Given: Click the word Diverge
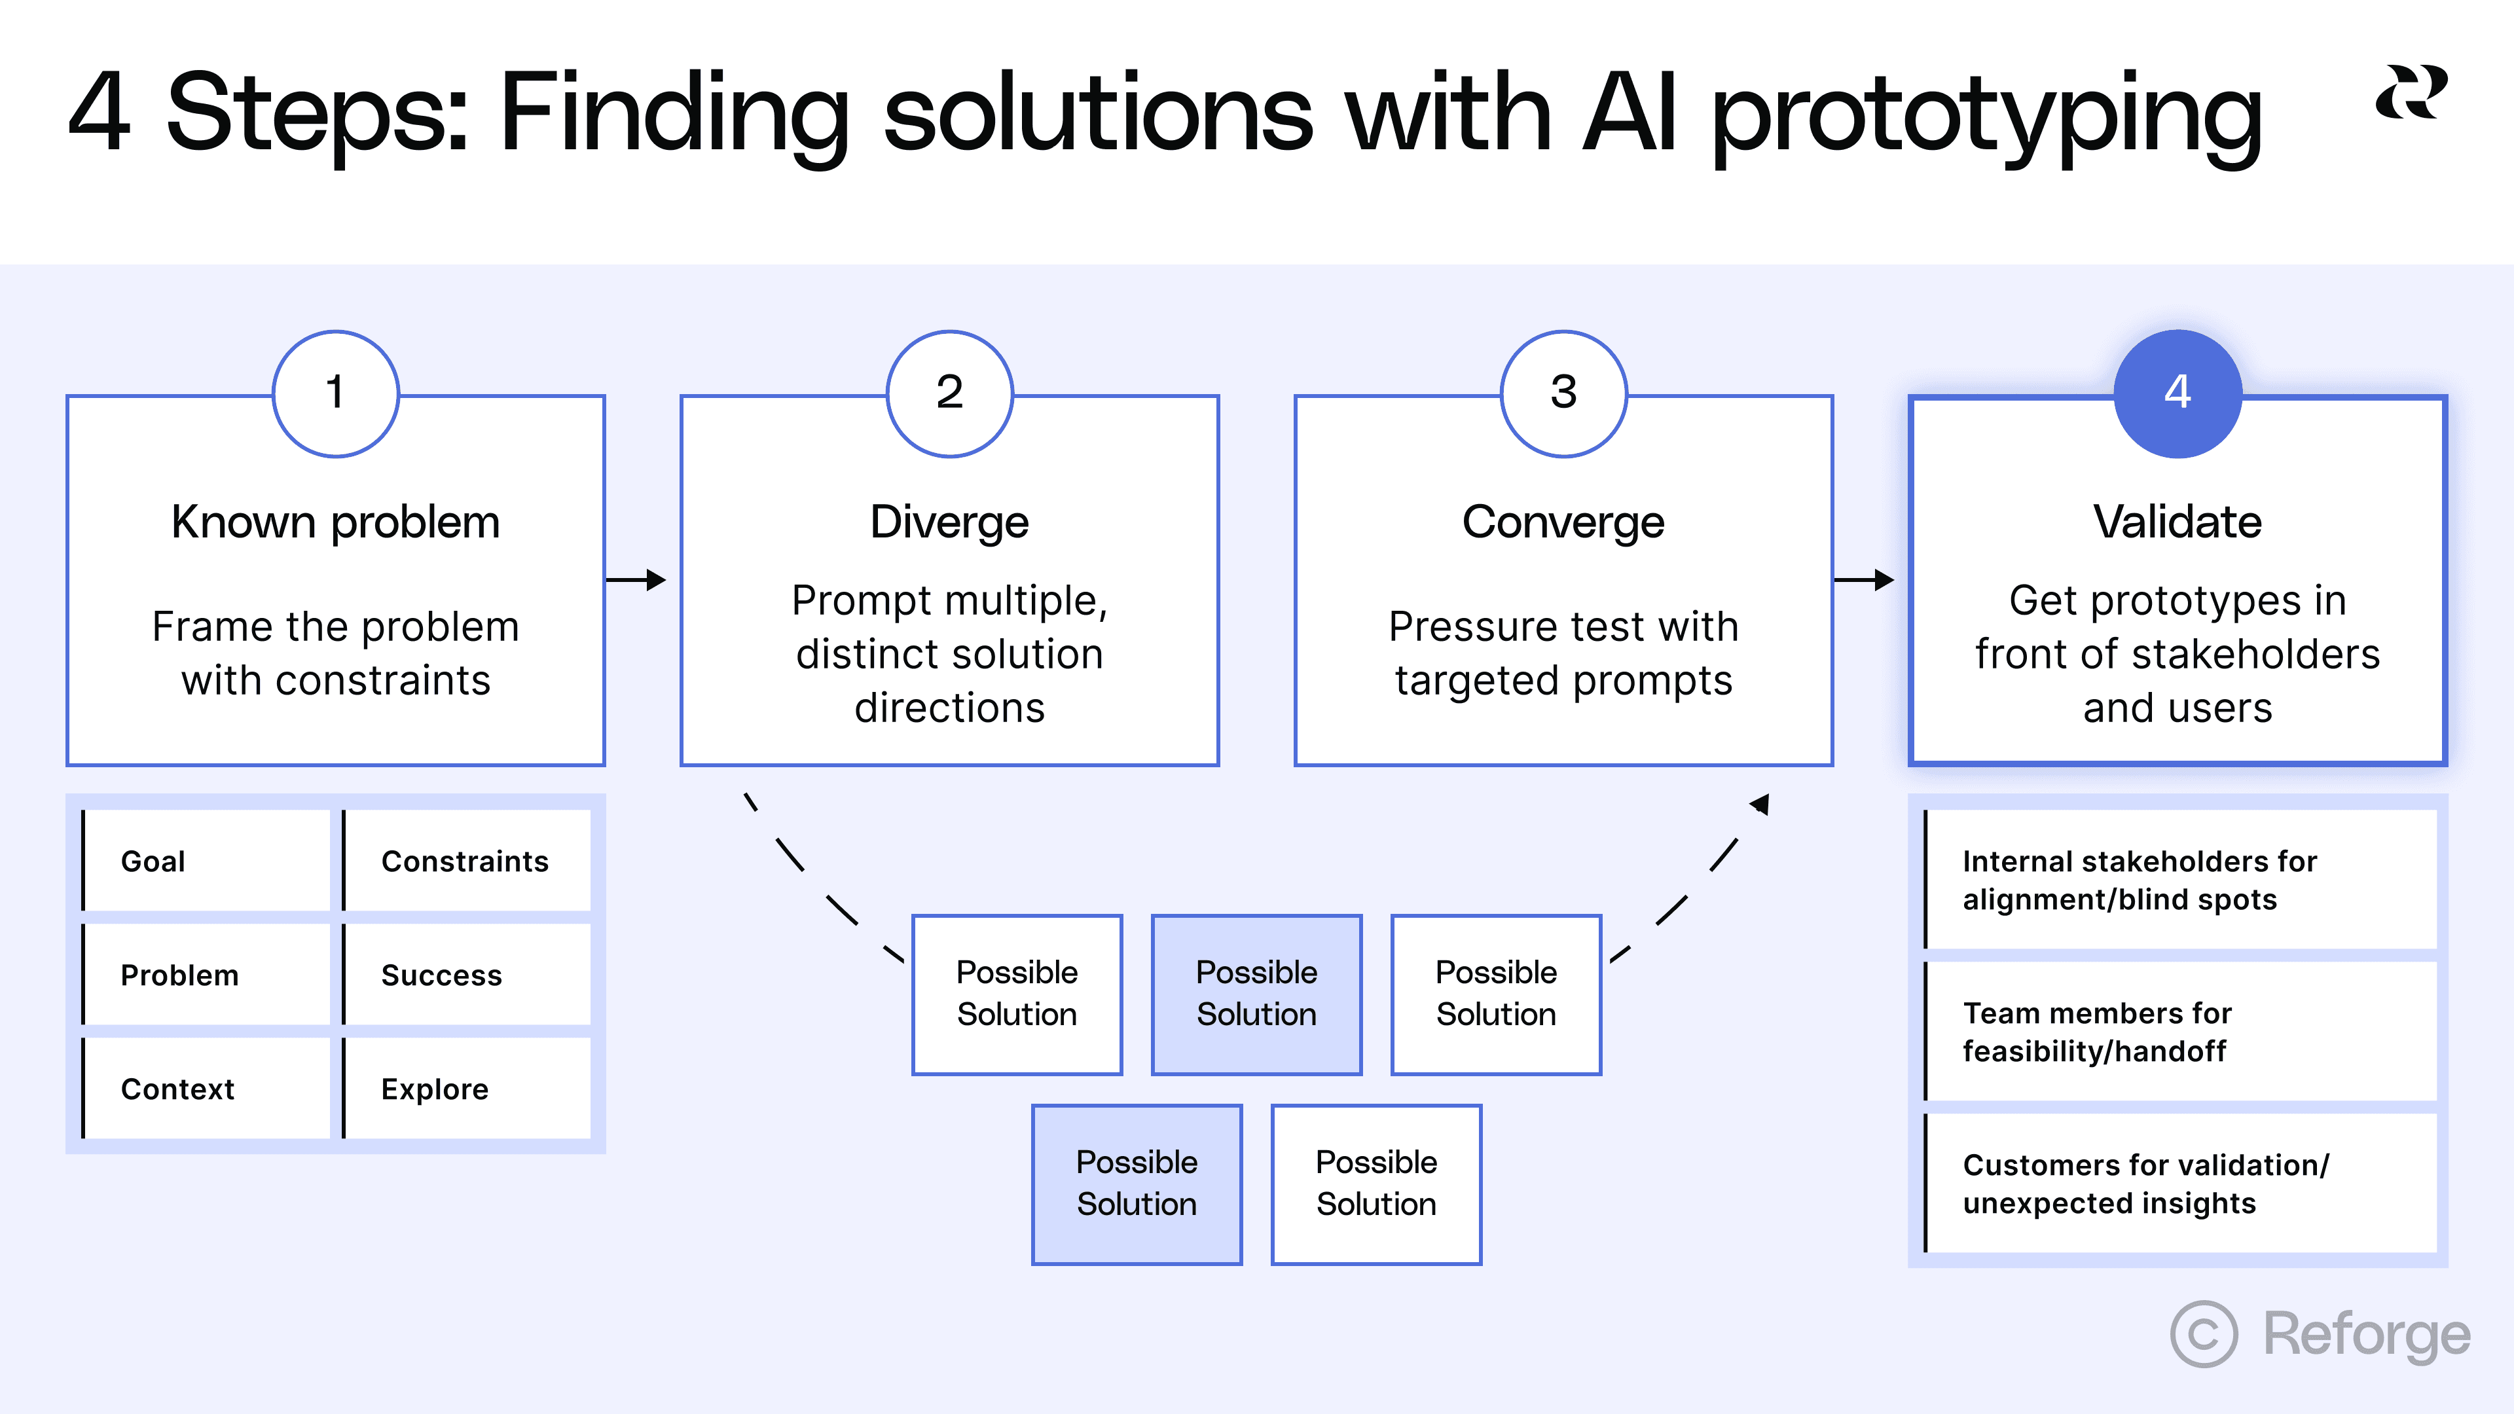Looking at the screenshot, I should pyautogui.click(x=949, y=522).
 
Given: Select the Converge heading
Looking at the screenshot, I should pyautogui.click(x=1563, y=522).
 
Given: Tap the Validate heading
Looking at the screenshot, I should pyautogui.click(x=2177, y=522).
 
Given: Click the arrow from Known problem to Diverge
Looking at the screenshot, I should pyautogui.click(x=636, y=579).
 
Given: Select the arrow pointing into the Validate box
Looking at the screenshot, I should pyautogui.click(x=1864, y=579).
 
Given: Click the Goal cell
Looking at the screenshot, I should pyautogui.click(x=207, y=861).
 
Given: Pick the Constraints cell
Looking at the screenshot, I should pyautogui.click(x=467, y=861).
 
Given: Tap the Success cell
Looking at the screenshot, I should pyautogui.click(x=467, y=975).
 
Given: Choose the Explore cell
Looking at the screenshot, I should pyautogui.click(x=467, y=1088).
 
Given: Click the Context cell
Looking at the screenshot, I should pyautogui.click(x=207, y=1088).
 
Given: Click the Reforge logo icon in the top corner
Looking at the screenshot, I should pyautogui.click(x=2411, y=93).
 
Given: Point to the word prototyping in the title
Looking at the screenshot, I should pyautogui.click(x=1986, y=115).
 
